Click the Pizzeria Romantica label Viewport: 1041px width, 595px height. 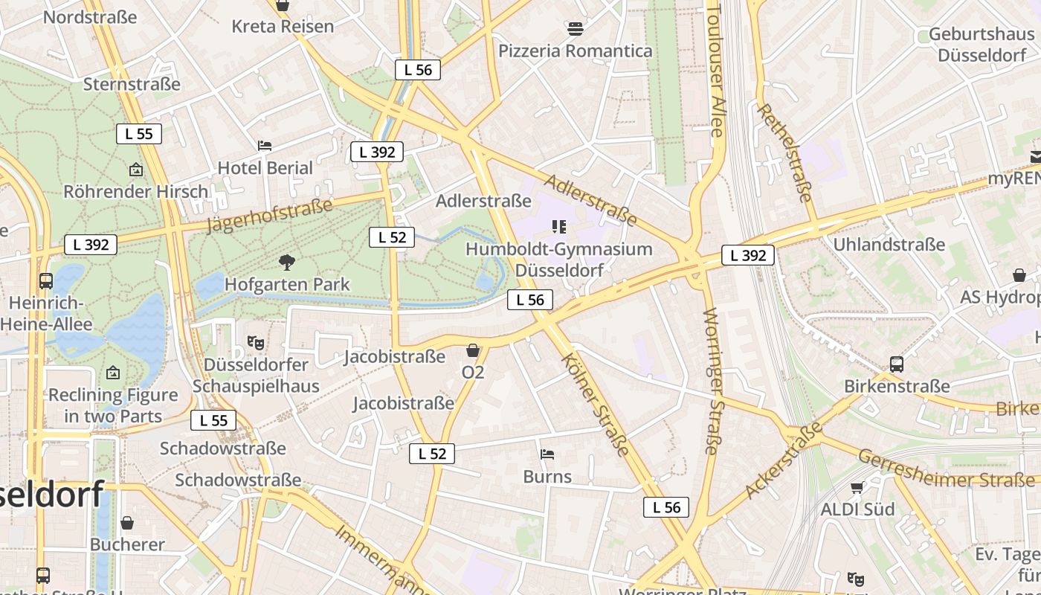(x=575, y=51)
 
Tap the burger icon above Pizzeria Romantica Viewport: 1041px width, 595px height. (x=575, y=29)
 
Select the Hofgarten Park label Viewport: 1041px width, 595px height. (x=287, y=284)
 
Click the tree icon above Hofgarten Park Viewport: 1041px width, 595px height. (x=286, y=262)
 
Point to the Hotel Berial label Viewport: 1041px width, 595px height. (x=265, y=168)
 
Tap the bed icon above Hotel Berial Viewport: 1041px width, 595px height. (x=265, y=145)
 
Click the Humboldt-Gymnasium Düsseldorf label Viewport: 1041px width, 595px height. (x=558, y=259)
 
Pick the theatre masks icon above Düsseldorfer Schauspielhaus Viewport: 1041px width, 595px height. (x=256, y=343)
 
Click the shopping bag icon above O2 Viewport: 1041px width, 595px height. (x=473, y=350)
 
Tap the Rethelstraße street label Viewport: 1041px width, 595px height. (x=784, y=152)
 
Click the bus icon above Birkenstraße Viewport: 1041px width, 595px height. (x=897, y=364)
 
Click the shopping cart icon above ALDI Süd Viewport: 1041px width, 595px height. (x=857, y=488)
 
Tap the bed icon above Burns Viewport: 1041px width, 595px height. (x=547, y=454)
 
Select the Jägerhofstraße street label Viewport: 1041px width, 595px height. (x=269, y=216)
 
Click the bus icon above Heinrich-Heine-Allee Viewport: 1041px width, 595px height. (x=46, y=281)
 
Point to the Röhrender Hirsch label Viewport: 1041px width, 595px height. (x=136, y=191)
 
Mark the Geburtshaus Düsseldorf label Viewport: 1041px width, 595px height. (x=981, y=45)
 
